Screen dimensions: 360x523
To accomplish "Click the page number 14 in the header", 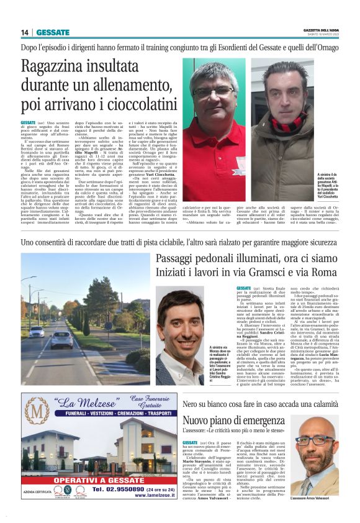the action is [25, 32].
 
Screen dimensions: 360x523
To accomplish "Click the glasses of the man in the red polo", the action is [210, 87].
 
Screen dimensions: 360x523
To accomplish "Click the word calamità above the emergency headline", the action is [338, 405].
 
